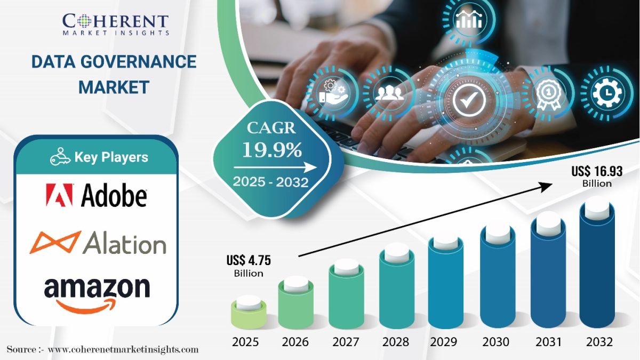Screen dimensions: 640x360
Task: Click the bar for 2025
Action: [x=249, y=313]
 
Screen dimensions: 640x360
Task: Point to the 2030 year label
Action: [x=495, y=342]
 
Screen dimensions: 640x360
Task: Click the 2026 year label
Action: [x=295, y=342]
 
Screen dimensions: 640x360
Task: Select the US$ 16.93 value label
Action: [x=597, y=177]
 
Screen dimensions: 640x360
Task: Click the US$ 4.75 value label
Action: [x=249, y=266]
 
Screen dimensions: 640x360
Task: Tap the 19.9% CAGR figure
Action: [x=272, y=150]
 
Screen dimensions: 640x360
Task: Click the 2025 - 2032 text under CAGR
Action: [x=270, y=182]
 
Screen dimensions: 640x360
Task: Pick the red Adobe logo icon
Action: [x=59, y=195]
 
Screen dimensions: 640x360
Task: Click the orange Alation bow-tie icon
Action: [x=55, y=243]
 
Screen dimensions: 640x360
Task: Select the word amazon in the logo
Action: [x=97, y=287]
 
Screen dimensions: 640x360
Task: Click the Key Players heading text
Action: [x=111, y=157]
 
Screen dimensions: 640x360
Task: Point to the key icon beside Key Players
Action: [x=60, y=157]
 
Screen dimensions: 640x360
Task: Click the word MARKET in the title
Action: [x=114, y=87]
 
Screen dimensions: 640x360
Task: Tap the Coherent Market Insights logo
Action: [x=115, y=25]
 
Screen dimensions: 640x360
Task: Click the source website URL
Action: [x=123, y=349]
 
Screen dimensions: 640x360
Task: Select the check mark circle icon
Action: [x=469, y=100]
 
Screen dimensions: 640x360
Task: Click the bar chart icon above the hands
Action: [x=469, y=19]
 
